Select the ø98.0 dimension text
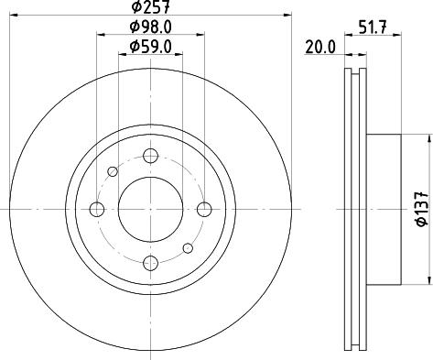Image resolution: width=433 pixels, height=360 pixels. (x=151, y=27)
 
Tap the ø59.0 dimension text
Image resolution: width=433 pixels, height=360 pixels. (x=151, y=46)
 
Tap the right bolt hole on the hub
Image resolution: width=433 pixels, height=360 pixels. (x=205, y=210)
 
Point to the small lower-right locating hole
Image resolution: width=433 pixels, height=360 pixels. (x=189, y=247)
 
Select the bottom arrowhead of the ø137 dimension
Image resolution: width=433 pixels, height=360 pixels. (x=427, y=280)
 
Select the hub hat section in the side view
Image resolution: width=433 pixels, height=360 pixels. (x=384, y=210)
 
